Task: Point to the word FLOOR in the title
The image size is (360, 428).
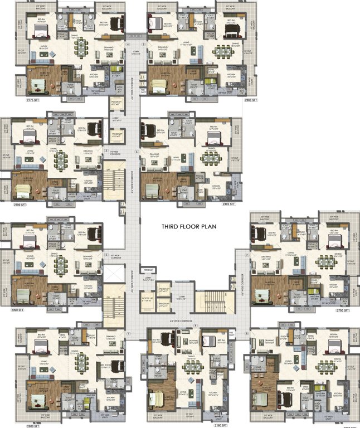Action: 195,227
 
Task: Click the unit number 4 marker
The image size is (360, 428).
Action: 128,43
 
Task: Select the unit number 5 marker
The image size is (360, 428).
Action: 143,43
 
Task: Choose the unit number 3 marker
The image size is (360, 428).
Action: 106,150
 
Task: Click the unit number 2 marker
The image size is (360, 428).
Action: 106,255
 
